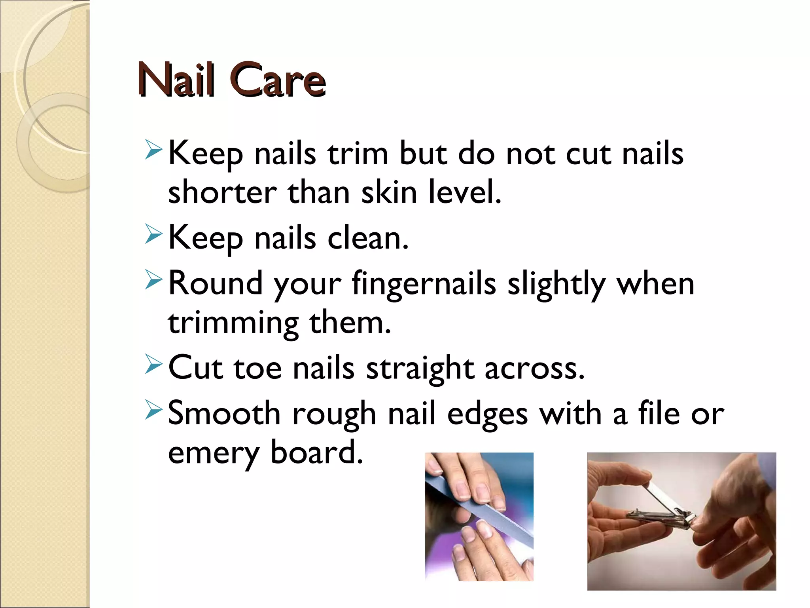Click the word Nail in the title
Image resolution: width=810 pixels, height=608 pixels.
pyautogui.click(x=176, y=80)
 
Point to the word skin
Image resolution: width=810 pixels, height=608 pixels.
pyautogui.click(x=389, y=193)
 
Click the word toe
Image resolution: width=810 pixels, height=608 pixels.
pyautogui.click(x=257, y=368)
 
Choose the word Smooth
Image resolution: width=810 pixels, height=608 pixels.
pyautogui.click(x=224, y=414)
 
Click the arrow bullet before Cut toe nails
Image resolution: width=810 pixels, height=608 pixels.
pyautogui.click(x=153, y=365)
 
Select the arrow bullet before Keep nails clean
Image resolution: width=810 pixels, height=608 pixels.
pyautogui.click(x=153, y=234)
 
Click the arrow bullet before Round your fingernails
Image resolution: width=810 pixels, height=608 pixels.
pyautogui.click(x=153, y=279)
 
